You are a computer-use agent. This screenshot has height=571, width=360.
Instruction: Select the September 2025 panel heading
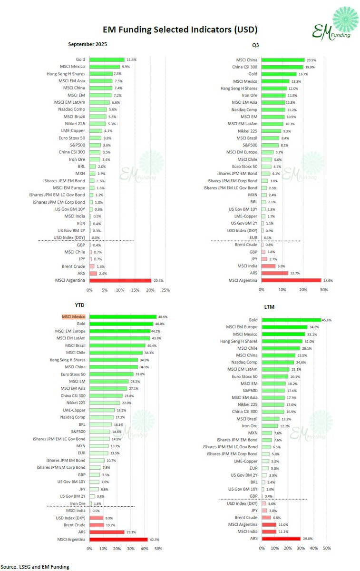[88, 44]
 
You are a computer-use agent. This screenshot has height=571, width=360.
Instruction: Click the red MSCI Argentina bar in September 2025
[120, 281]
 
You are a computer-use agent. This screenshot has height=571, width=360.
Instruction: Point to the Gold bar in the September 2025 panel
[107, 59]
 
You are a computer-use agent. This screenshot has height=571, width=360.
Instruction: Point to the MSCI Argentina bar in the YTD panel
[118, 539]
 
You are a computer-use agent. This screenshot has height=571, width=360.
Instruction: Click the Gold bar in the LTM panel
[290, 320]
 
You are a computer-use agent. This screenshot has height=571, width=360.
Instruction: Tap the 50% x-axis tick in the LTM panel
[327, 549]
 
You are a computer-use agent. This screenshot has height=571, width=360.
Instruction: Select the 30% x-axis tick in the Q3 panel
[324, 289]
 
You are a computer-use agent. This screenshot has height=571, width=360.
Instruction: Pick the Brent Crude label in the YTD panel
[75, 525]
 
